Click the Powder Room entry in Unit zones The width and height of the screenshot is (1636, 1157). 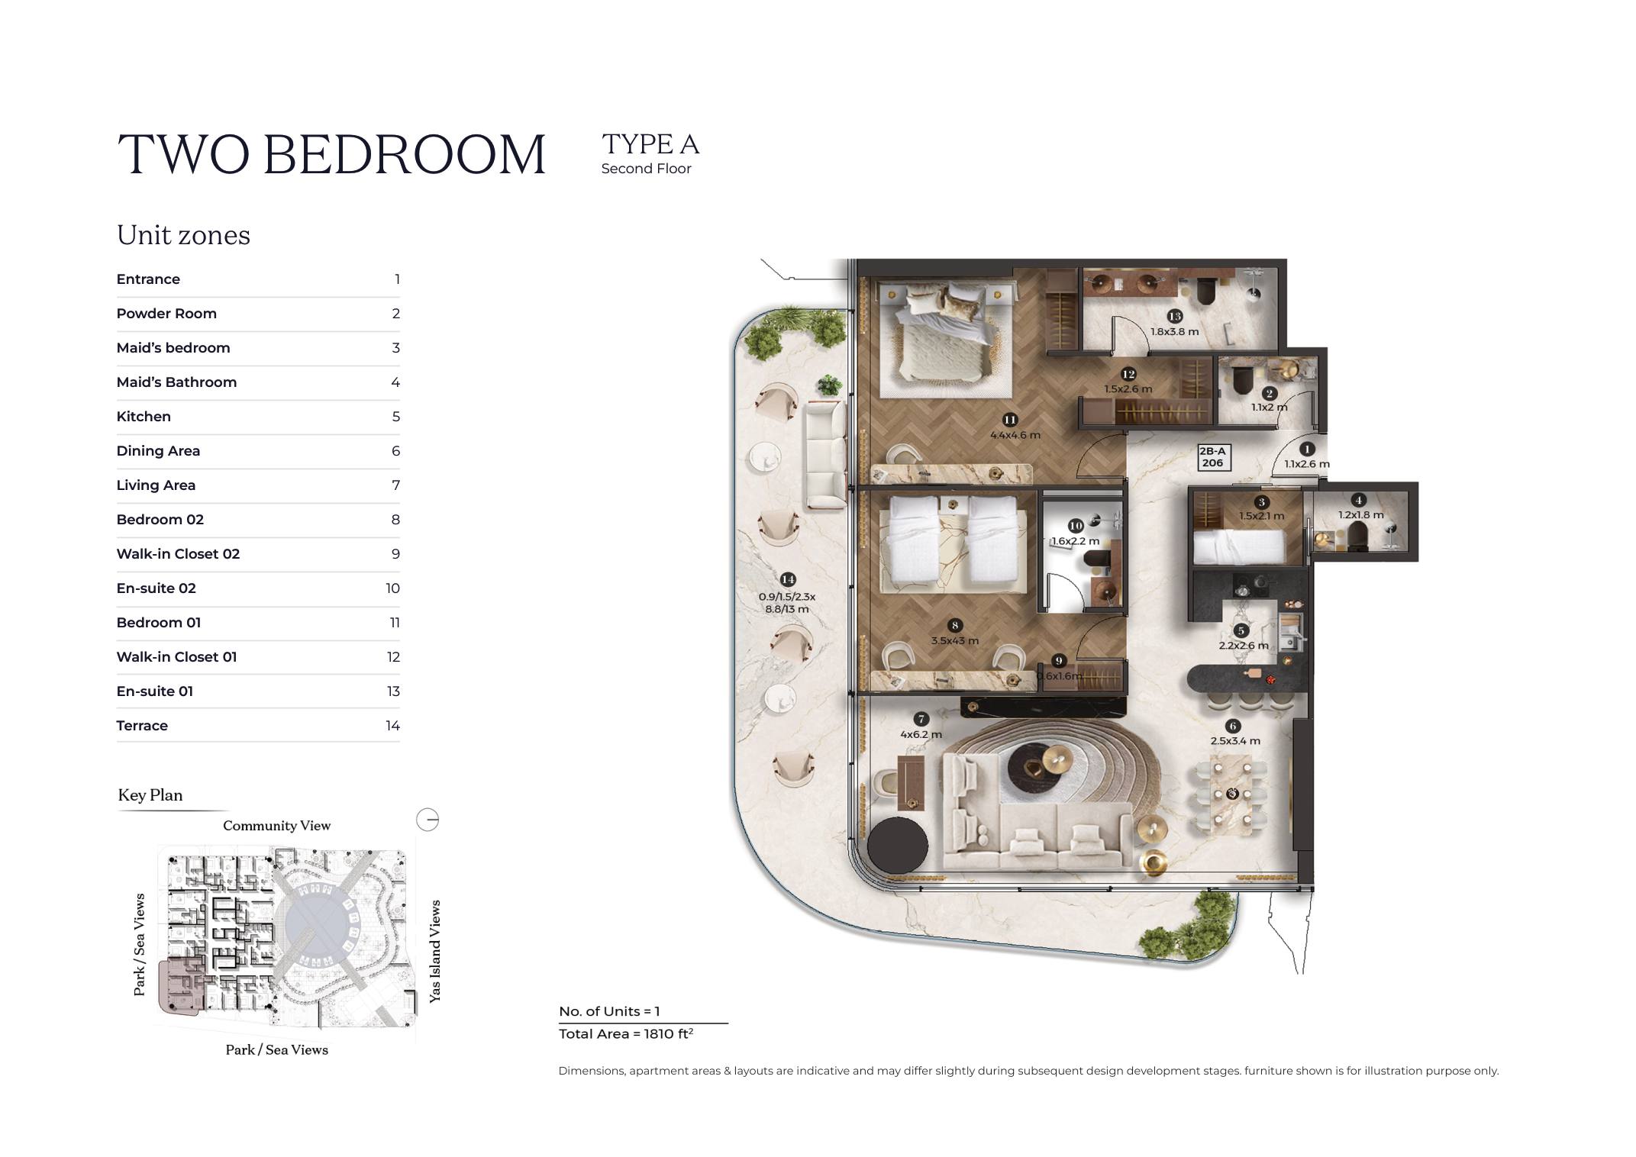(x=166, y=314)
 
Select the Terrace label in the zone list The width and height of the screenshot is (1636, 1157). (x=142, y=726)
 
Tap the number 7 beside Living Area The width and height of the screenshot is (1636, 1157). (x=395, y=485)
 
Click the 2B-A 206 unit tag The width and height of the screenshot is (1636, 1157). (x=1212, y=457)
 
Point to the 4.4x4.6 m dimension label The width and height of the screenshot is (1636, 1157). (x=1015, y=435)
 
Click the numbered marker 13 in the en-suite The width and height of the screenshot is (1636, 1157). (x=1174, y=316)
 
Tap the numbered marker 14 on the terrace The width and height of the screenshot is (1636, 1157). (x=788, y=580)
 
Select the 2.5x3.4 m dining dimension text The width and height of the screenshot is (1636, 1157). (x=1235, y=740)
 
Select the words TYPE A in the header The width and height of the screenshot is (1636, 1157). (x=650, y=144)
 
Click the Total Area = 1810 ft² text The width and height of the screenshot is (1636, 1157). (x=626, y=1033)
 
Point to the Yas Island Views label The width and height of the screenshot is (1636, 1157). (x=435, y=951)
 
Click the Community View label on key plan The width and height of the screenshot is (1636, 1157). (x=276, y=826)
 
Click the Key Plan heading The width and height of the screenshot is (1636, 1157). (x=150, y=795)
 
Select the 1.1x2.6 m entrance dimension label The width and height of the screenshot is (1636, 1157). (x=1307, y=463)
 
